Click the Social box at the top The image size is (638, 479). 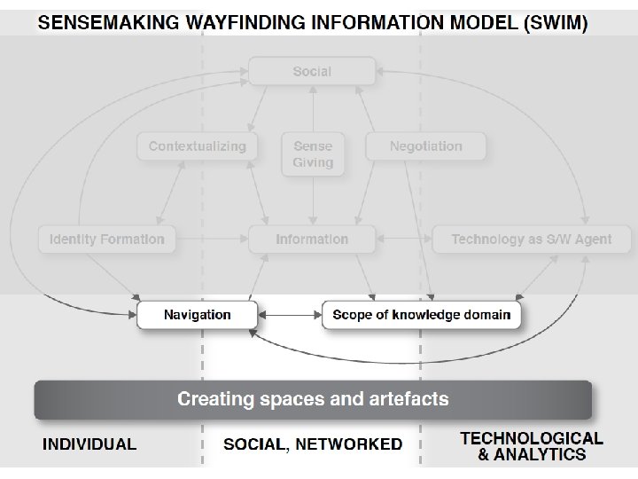point(312,71)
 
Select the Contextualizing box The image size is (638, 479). point(197,146)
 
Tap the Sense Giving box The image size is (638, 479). point(312,153)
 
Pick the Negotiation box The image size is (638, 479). point(425,146)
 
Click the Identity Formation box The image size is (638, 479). point(107,239)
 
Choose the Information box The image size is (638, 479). point(312,239)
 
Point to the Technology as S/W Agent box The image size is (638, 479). point(518,239)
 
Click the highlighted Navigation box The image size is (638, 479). point(197,315)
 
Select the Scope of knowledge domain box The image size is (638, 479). point(421,315)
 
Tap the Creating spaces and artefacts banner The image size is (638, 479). point(313,399)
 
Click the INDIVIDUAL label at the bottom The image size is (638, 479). point(89,444)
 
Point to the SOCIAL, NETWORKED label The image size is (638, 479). point(312,444)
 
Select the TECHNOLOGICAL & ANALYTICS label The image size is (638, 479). point(532,446)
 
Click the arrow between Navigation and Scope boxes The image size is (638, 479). point(289,315)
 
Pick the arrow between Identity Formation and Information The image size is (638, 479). point(213,239)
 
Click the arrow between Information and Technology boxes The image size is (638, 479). point(403,239)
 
